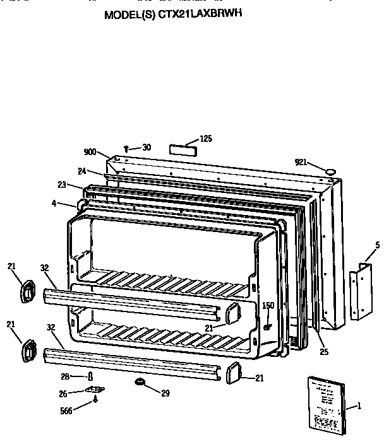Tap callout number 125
point(207,139)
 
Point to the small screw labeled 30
point(127,149)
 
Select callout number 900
point(90,152)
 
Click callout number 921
point(301,162)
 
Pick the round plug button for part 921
point(330,170)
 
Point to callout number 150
point(268,306)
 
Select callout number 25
point(323,351)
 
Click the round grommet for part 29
point(138,383)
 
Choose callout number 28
point(74,376)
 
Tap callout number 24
point(82,171)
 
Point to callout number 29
point(165,394)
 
